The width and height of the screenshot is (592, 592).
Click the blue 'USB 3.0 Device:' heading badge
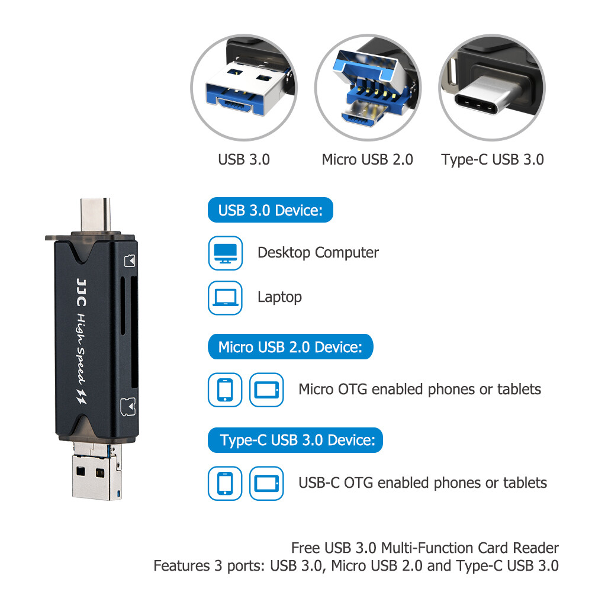271,210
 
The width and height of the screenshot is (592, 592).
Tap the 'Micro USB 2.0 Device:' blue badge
290,346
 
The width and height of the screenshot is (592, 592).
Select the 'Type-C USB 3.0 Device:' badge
295,440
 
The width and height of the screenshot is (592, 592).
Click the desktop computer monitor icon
226,253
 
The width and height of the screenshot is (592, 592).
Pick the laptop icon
226,298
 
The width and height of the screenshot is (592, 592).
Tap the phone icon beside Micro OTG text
225,390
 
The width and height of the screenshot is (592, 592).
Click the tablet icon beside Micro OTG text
266,390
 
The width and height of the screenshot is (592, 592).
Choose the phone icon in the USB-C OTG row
225,483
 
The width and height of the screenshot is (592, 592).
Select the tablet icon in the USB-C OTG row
266,483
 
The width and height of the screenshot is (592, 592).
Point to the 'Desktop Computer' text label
318,253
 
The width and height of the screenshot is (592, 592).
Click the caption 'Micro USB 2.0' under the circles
368,159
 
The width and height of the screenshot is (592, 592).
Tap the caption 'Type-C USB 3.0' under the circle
493,160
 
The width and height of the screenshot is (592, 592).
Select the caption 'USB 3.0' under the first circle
244,159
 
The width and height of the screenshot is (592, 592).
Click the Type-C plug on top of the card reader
95,214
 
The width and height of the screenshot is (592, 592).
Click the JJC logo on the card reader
82,292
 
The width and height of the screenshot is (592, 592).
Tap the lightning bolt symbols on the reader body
82,395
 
